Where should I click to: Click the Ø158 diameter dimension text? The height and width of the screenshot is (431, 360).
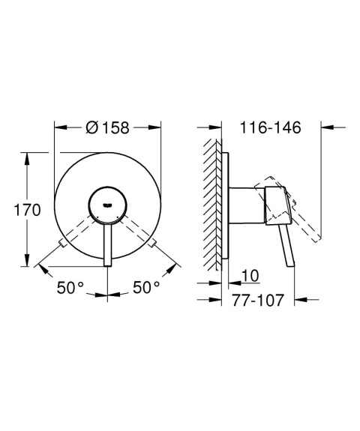pos(109,127)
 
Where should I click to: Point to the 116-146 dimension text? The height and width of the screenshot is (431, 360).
pos(271,128)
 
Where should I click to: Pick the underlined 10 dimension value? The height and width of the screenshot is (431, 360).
pos(250,277)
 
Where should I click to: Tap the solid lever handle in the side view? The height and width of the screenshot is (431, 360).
pos(286,244)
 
